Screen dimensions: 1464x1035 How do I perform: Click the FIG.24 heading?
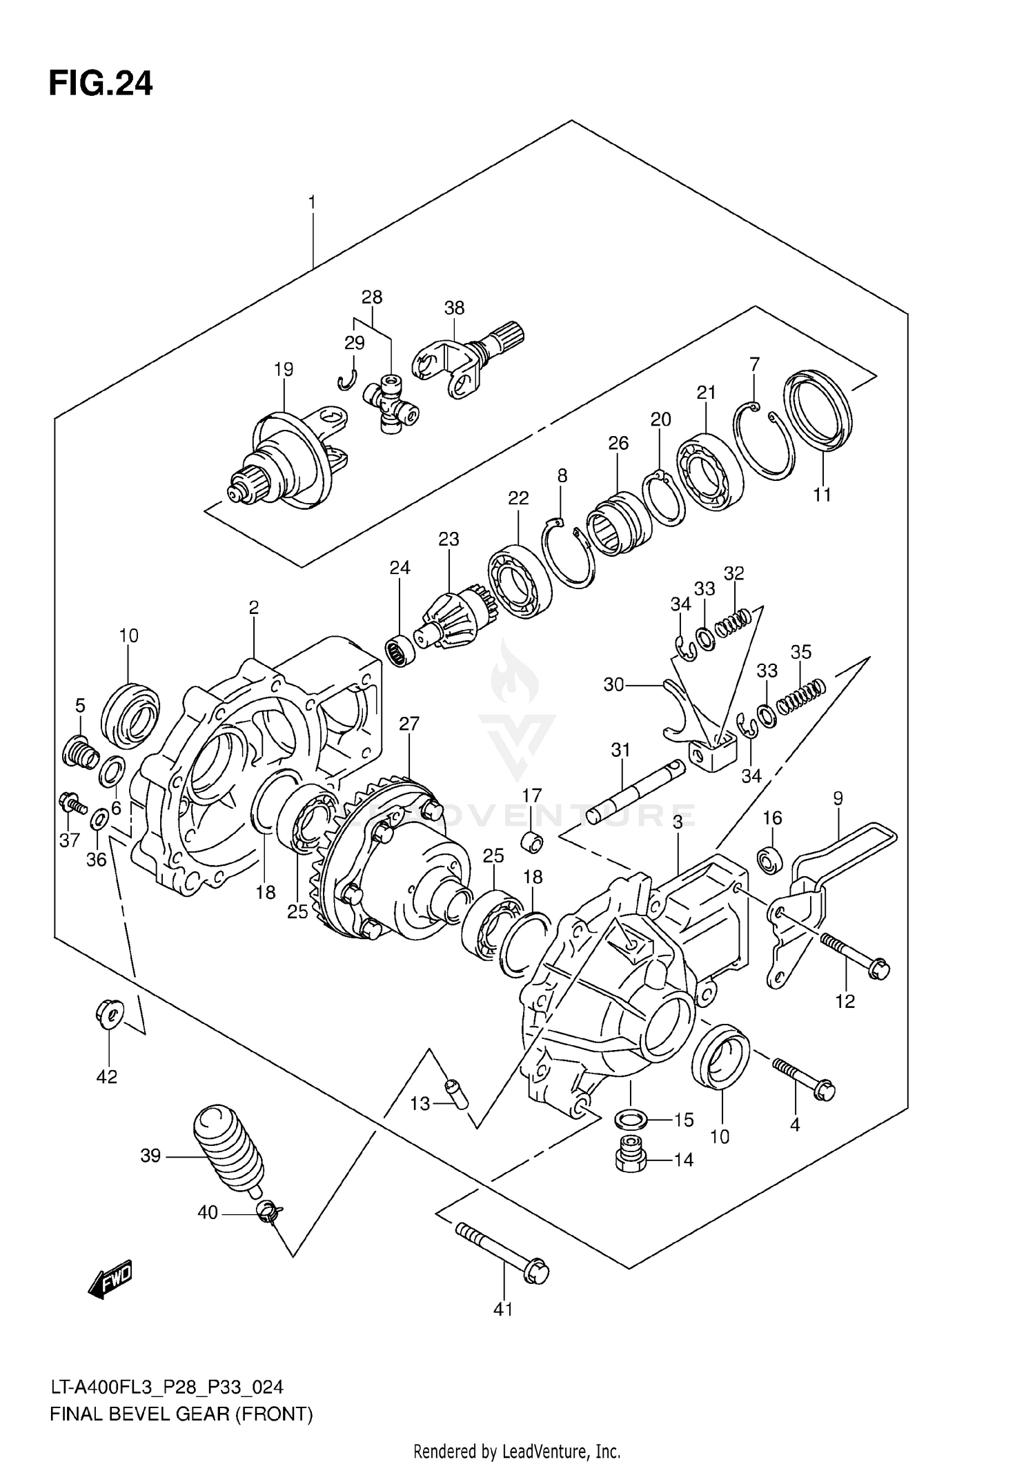click(x=101, y=83)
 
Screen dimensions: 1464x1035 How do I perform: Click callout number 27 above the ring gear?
click(x=409, y=724)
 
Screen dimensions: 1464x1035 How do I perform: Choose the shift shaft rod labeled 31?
click(x=635, y=792)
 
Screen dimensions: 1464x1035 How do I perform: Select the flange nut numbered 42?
click(x=108, y=1013)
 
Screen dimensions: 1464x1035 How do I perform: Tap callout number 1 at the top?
click(x=312, y=203)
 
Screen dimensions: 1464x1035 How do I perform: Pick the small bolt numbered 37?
click(x=72, y=803)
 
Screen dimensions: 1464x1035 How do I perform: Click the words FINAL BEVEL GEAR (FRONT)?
click(x=181, y=1414)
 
